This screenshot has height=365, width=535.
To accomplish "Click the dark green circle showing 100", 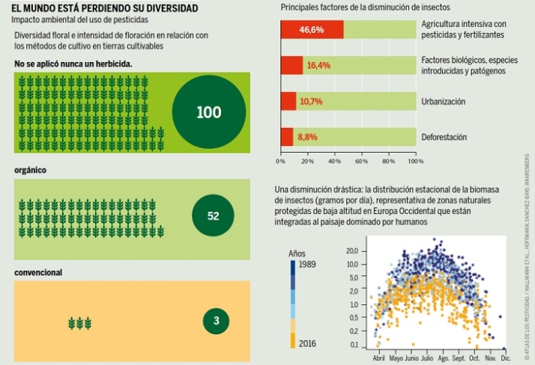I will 208,113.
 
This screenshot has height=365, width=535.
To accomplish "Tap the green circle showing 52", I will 213,216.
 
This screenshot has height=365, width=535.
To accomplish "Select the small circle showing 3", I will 216,322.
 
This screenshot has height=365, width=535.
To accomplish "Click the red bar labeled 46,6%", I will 312,30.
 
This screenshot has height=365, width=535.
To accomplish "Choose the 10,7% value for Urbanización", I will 311,101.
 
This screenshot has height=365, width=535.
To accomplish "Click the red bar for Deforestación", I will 286,137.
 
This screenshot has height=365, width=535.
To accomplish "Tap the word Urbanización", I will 444,101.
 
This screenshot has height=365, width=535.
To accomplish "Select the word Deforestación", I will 444,137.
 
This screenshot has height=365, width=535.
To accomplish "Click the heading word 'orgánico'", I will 31,170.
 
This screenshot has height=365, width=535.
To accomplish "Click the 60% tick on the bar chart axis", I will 362,161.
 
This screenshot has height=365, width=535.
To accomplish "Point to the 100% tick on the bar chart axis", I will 415,161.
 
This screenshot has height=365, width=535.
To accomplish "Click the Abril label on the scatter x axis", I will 381,358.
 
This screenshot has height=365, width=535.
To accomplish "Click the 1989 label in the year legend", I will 307,265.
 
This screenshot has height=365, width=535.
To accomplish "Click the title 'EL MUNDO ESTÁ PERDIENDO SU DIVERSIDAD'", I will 100,8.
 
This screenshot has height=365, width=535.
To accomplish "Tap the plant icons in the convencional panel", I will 79,322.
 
